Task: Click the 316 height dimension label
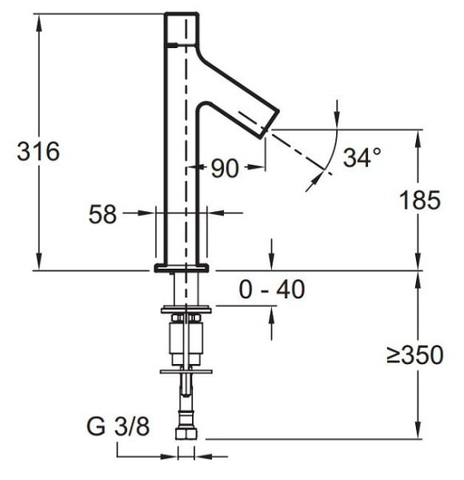[x=38, y=151]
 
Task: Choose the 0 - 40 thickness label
[x=272, y=290]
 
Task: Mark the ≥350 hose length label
[x=414, y=355]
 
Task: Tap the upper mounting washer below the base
[x=186, y=307]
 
